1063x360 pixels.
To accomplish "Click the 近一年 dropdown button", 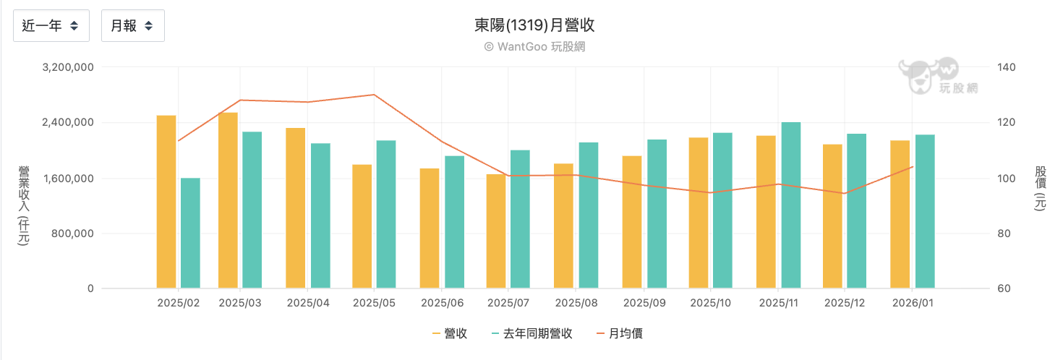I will point(51,26).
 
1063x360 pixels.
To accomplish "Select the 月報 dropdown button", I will point(132,26).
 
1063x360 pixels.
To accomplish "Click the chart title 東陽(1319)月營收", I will point(534,25).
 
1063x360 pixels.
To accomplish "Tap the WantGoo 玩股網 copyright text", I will point(534,46).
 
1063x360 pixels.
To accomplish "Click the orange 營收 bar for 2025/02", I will point(166,202).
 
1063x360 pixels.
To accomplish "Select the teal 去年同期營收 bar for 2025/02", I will point(190,233).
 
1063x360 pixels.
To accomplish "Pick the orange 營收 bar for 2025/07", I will point(497,231).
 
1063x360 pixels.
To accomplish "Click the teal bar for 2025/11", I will point(791,205).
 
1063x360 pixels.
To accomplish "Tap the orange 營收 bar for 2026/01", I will point(900,214).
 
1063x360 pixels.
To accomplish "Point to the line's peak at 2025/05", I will point(374,95).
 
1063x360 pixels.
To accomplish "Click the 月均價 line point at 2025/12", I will point(843,193).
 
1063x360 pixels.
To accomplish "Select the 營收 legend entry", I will point(450,333).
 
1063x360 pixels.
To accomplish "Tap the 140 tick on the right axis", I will point(1007,67).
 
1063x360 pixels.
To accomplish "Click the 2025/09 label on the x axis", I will point(644,303).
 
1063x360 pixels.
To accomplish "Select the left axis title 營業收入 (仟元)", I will point(24,206).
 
